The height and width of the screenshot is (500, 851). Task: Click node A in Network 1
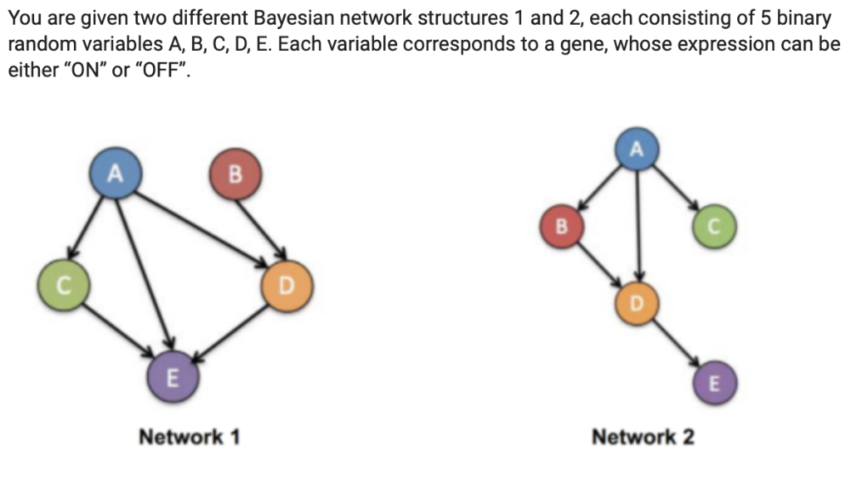[116, 174]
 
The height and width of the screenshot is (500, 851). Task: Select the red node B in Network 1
[235, 174]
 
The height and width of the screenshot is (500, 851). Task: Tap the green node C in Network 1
[61, 287]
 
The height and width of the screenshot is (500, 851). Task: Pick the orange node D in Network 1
[286, 287]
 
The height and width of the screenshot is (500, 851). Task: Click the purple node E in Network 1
[171, 378]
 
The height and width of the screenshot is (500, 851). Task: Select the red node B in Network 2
[560, 226]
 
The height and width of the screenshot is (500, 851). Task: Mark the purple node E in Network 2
[714, 383]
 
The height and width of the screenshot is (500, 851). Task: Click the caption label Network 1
[189, 437]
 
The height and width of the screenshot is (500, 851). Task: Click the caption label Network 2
[642, 437]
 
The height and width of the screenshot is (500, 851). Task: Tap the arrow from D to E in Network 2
[677, 343]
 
